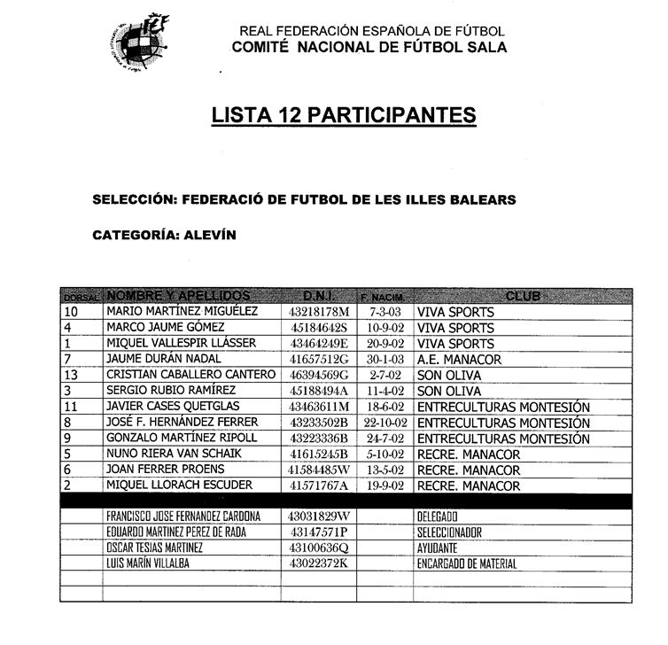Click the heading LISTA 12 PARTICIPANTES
click(x=344, y=115)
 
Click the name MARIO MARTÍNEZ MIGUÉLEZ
click(x=183, y=312)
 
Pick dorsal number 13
click(x=73, y=375)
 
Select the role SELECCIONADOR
click(x=448, y=532)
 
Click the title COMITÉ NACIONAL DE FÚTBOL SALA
click(x=369, y=47)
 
